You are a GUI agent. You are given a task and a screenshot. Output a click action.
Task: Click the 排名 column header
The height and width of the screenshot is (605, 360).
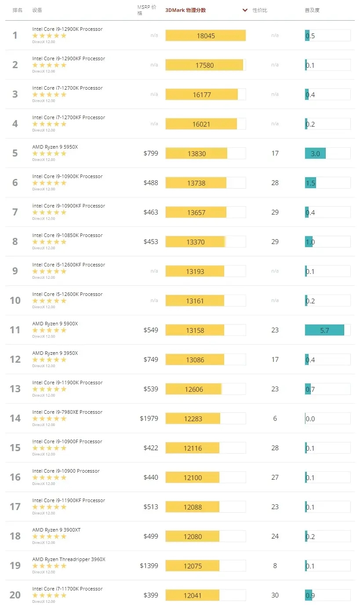(x=17, y=10)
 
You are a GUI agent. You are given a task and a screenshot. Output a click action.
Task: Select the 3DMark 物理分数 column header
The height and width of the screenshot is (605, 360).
(x=185, y=10)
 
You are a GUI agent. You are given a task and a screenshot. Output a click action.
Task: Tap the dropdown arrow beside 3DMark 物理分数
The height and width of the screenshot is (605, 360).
(x=245, y=10)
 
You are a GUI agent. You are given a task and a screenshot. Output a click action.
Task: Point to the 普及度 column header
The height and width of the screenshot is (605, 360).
(x=312, y=10)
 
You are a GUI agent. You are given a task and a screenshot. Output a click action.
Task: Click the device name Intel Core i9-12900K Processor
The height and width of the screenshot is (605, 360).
(x=67, y=29)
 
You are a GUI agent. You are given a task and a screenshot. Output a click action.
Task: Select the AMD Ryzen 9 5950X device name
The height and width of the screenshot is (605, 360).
(x=55, y=147)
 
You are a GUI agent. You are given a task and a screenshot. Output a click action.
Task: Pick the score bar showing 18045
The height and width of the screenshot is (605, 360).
(x=205, y=36)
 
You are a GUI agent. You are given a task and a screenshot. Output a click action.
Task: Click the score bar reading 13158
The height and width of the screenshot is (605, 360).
(x=195, y=330)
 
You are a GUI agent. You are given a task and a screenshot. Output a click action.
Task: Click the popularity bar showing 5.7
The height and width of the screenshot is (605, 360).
(x=324, y=330)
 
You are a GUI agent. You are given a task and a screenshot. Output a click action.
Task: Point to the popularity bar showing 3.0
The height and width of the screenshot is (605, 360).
(x=315, y=153)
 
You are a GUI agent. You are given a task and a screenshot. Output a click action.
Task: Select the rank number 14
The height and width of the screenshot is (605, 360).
(x=15, y=419)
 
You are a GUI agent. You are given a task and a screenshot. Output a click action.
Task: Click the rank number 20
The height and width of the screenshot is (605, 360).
(x=15, y=595)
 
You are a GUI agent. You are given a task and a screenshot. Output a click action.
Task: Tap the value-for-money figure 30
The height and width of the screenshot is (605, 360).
(x=275, y=595)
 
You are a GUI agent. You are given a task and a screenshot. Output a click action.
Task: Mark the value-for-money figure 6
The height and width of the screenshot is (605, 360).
(x=275, y=419)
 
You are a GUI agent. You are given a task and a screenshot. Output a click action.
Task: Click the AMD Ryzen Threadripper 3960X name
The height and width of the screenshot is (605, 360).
(x=69, y=559)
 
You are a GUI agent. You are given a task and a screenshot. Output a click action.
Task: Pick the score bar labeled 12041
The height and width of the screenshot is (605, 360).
(x=193, y=595)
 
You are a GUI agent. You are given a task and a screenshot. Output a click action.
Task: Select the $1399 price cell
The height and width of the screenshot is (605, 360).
(x=149, y=566)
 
